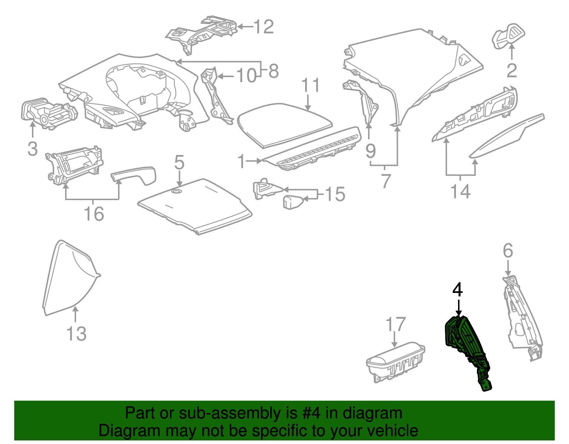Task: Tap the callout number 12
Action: click(264, 27)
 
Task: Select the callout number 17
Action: click(395, 324)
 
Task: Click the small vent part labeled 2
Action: click(508, 36)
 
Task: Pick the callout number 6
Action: click(508, 251)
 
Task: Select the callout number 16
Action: click(94, 214)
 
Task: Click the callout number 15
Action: click(335, 194)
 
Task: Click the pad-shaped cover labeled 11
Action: click(284, 124)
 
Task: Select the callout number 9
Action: click(371, 151)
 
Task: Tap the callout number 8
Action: click(273, 71)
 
